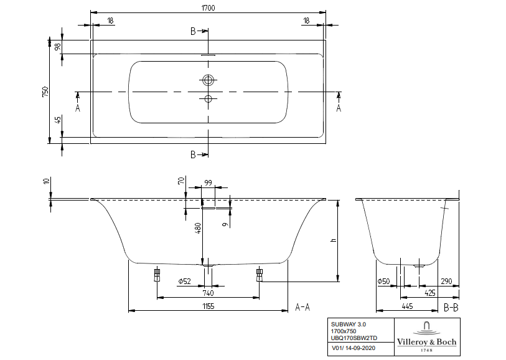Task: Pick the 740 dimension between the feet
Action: coord(208,293)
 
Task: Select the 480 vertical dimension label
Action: coord(198,229)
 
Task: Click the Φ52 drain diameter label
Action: coord(183,282)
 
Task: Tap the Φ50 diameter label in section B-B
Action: coord(383,282)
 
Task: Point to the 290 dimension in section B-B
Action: coord(447,282)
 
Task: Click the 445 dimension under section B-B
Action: coord(406,306)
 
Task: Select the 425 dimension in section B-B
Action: coord(429,293)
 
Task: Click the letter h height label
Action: coord(334,240)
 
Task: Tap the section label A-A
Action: coord(302,306)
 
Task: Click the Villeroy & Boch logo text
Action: coord(427,341)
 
